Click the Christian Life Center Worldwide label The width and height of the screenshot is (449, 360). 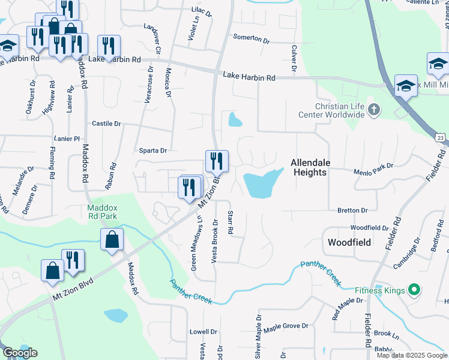click(x=331, y=110)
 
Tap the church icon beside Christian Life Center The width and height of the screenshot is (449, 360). click(x=375, y=109)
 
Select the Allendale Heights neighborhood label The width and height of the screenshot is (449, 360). click(x=309, y=167)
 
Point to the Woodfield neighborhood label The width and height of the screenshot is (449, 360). click(x=350, y=242)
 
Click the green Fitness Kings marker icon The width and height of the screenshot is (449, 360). click(x=414, y=291)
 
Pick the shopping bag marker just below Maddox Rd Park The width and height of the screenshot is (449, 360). click(x=112, y=240)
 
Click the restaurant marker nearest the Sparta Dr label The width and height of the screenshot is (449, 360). click(x=217, y=161)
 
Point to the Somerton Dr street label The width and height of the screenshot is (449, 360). click(x=252, y=38)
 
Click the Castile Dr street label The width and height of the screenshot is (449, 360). click(x=106, y=124)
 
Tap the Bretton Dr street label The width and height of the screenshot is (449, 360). click(x=352, y=211)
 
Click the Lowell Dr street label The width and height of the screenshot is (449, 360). click(x=203, y=332)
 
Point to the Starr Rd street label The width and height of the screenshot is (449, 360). click(x=230, y=222)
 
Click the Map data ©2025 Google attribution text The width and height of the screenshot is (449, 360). click(x=411, y=355)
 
